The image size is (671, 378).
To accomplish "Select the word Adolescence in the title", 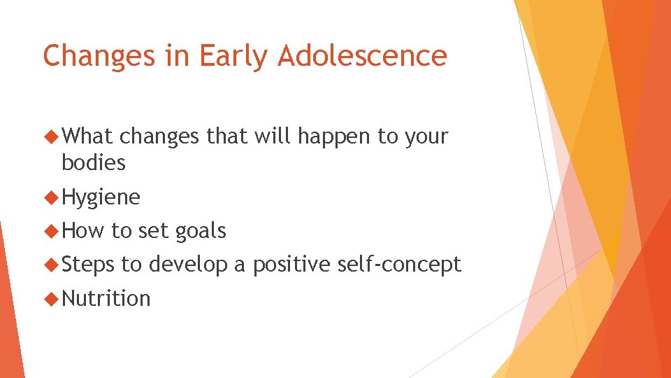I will (362, 56).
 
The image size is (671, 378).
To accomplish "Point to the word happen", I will (335, 136).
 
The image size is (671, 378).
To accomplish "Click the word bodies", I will (94, 163).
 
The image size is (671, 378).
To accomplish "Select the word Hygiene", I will (101, 198).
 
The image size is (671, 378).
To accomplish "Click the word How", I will (83, 231).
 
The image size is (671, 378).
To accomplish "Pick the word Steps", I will (89, 265).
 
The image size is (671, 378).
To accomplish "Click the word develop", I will (187, 265).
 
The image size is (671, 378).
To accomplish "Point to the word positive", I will (292, 265).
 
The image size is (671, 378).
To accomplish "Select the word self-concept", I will (399, 265).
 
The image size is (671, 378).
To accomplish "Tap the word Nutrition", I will (106, 298).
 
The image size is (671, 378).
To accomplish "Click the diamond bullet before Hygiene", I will (51, 198).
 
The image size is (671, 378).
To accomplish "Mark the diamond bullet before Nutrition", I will (51, 299).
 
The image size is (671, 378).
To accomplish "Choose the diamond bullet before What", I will (51, 136).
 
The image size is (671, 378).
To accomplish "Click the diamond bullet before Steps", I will (51, 265).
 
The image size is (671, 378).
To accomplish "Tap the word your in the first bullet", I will (424, 137).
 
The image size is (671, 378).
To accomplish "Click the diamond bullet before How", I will (51, 232).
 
